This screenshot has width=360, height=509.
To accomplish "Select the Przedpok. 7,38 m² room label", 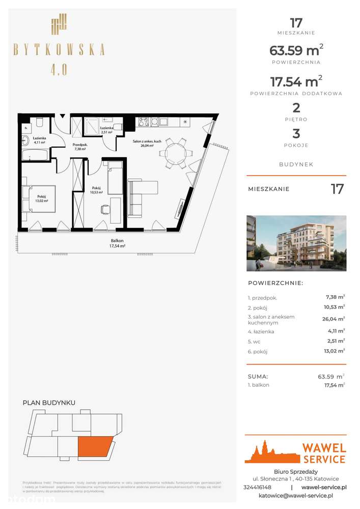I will point(79,147).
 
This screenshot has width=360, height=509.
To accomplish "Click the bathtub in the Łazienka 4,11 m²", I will point(36,155).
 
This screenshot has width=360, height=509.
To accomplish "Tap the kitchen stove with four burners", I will point(144,122).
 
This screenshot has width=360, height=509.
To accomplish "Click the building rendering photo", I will point(296,243).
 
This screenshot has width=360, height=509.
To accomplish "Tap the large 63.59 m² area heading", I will point(296,51).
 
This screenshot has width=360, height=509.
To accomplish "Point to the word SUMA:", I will point(258,377).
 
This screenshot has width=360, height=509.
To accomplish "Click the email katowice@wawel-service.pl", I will point(296,495).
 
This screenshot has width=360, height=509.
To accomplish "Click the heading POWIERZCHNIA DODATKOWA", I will point(296,94).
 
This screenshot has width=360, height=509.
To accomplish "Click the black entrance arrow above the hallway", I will point(62,116).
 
